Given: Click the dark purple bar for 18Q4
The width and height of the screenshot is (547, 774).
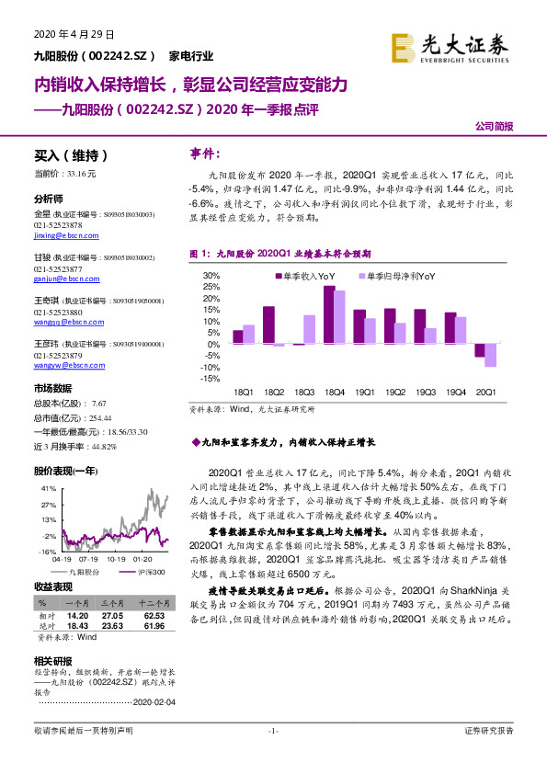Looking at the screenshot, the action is (x=328, y=314).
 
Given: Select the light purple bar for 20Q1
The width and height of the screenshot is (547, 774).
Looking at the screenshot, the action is (x=490, y=356).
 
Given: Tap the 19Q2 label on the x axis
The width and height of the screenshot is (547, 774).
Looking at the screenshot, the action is (x=395, y=392).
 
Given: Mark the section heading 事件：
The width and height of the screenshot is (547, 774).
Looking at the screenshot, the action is (x=203, y=154).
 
